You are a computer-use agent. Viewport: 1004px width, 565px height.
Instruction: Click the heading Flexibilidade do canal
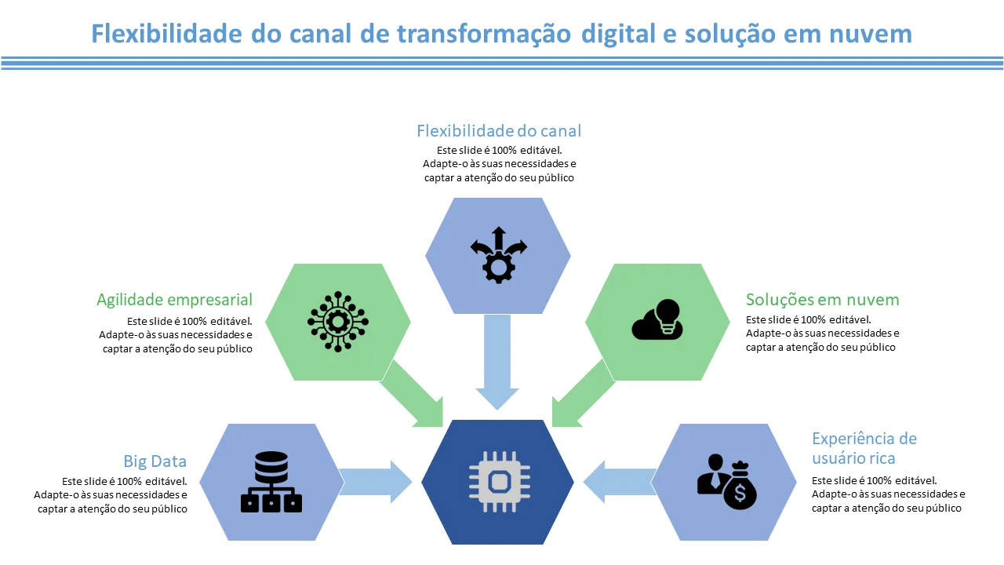coord(499,131)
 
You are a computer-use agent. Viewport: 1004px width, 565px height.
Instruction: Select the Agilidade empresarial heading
coord(174,300)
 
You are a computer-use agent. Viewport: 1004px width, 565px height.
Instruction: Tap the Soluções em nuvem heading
coord(822,300)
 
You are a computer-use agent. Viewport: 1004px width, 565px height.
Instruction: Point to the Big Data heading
coord(155,461)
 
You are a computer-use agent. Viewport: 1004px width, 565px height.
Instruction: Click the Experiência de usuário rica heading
coord(864,448)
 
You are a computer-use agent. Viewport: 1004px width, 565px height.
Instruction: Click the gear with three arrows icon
coord(498,255)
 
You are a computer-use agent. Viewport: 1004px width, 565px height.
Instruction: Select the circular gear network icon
coord(338,321)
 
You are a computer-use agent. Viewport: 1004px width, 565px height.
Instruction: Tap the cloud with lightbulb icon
coord(657,319)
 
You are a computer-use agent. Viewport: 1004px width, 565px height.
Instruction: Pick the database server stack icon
coord(271,482)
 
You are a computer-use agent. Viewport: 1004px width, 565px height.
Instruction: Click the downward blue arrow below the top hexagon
coord(497,361)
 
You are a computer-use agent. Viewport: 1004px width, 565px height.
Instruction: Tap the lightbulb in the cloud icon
coord(668,315)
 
